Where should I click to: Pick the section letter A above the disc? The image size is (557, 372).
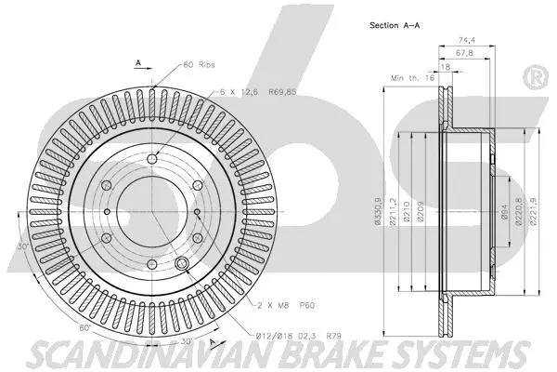[138, 63]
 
